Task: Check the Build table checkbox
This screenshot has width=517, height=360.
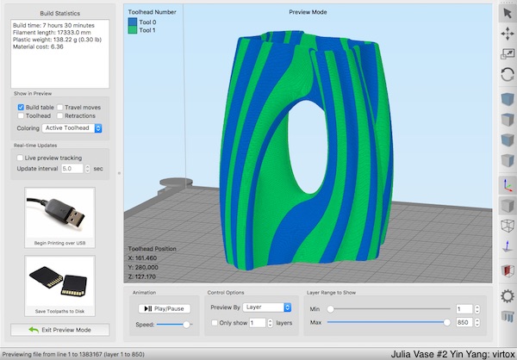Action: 21,107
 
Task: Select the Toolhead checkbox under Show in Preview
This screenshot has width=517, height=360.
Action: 21,115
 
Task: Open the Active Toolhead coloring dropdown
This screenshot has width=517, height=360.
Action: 72,128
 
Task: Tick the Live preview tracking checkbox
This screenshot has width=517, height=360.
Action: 21,158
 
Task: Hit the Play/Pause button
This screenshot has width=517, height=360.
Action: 162,307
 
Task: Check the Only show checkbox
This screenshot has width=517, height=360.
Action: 215,323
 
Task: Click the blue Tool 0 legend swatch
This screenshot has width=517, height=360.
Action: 133,22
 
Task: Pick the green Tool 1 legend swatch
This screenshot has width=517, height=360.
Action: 133,30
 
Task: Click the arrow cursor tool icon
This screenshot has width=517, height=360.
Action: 508,13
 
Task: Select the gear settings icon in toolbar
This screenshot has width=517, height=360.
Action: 508,295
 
